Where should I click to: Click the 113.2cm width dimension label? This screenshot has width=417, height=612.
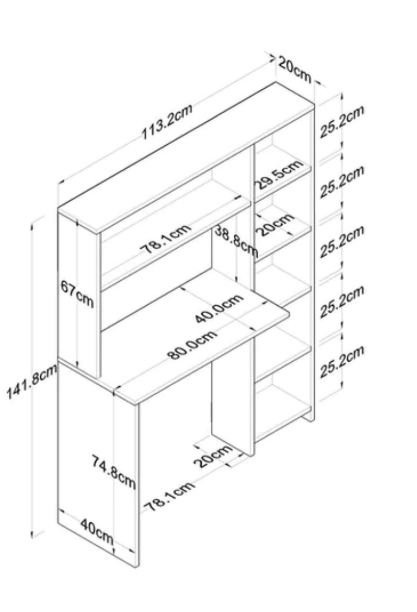click(x=166, y=121)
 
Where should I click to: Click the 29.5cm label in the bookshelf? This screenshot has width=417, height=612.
click(x=279, y=174)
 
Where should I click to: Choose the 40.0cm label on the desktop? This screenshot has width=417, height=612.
click(x=219, y=308)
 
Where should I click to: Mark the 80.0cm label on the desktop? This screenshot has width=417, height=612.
click(x=192, y=344)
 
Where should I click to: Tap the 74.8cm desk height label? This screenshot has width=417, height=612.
click(x=114, y=471)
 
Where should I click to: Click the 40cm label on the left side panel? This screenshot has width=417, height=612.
click(x=97, y=531)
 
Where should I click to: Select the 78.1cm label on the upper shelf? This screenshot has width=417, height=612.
click(x=165, y=238)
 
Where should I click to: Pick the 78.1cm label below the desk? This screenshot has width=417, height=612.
click(x=169, y=496)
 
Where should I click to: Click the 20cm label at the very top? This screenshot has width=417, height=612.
click(x=295, y=69)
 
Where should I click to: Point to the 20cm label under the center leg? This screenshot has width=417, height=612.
click(x=213, y=455)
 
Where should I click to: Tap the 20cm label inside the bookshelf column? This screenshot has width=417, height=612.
click(x=275, y=225)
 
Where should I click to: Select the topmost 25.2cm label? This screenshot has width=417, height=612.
click(x=342, y=121)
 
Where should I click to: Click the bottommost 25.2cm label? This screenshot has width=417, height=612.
click(x=342, y=361)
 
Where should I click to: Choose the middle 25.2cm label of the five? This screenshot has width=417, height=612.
click(x=342, y=241)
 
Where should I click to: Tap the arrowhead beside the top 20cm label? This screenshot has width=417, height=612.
click(x=272, y=58)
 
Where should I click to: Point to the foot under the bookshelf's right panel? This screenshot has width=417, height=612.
click(x=309, y=417)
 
